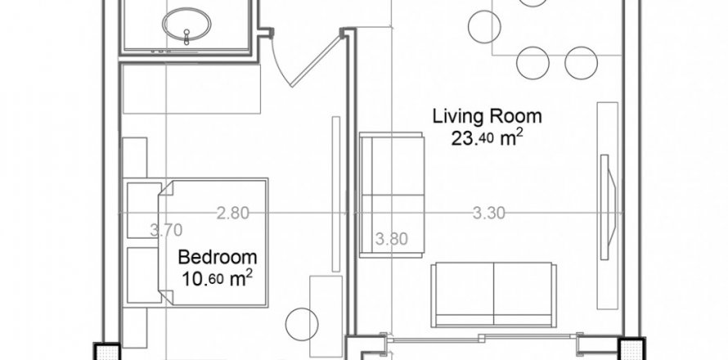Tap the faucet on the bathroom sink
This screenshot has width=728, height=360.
pos(186,37)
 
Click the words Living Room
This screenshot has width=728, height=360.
pos(487,116)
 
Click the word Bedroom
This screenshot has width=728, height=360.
pos(218,257)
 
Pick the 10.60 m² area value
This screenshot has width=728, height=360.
pos(218,279)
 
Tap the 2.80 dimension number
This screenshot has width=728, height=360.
pos(233,214)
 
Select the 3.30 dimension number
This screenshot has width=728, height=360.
pos(489,214)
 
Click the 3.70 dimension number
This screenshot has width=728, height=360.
pos(166,229)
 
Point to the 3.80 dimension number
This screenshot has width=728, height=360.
pos(391,239)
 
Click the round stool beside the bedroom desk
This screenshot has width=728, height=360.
pos(302,324)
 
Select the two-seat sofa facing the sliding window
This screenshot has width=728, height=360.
pos(494,295)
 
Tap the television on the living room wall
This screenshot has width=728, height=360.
pos(609,207)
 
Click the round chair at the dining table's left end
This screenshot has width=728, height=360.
pos(484,26)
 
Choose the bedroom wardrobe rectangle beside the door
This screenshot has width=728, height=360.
pos(191,88)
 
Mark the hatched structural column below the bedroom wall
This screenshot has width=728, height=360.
pos(107,351)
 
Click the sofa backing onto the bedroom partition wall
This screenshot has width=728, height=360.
pos(391,195)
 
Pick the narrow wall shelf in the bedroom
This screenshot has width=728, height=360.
pos(336,194)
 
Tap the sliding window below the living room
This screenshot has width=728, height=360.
pos(482,339)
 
